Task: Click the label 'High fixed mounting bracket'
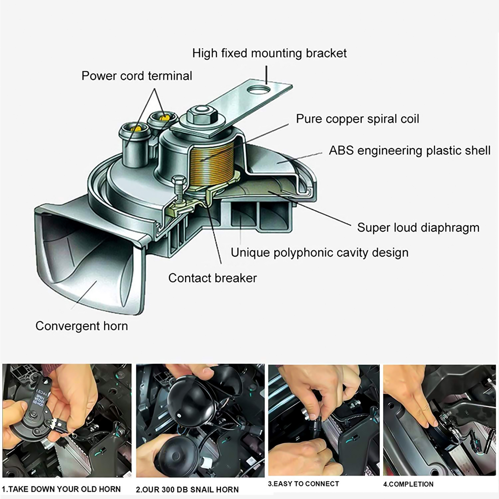pyautogui.click(x=269, y=53)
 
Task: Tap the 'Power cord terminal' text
pyautogui.click(x=137, y=76)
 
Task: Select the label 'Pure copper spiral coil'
pyautogui.click(x=357, y=119)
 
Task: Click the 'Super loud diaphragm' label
pyautogui.click(x=418, y=228)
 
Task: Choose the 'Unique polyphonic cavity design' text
pyautogui.click(x=319, y=252)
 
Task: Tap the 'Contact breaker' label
pyautogui.click(x=212, y=278)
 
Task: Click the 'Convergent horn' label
pyautogui.click(x=82, y=326)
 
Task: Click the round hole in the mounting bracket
pyautogui.click(x=258, y=90)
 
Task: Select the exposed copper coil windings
pyautogui.click(x=212, y=165)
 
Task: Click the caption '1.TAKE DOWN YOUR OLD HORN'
pyautogui.click(x=61, y=489)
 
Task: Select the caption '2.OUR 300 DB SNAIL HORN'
pyautogui.click(x=187, y=490)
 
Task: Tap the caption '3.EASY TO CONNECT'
pyautogui.click(x=303, y=484)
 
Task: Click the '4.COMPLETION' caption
pyautogui.click(x=408, y=484)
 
